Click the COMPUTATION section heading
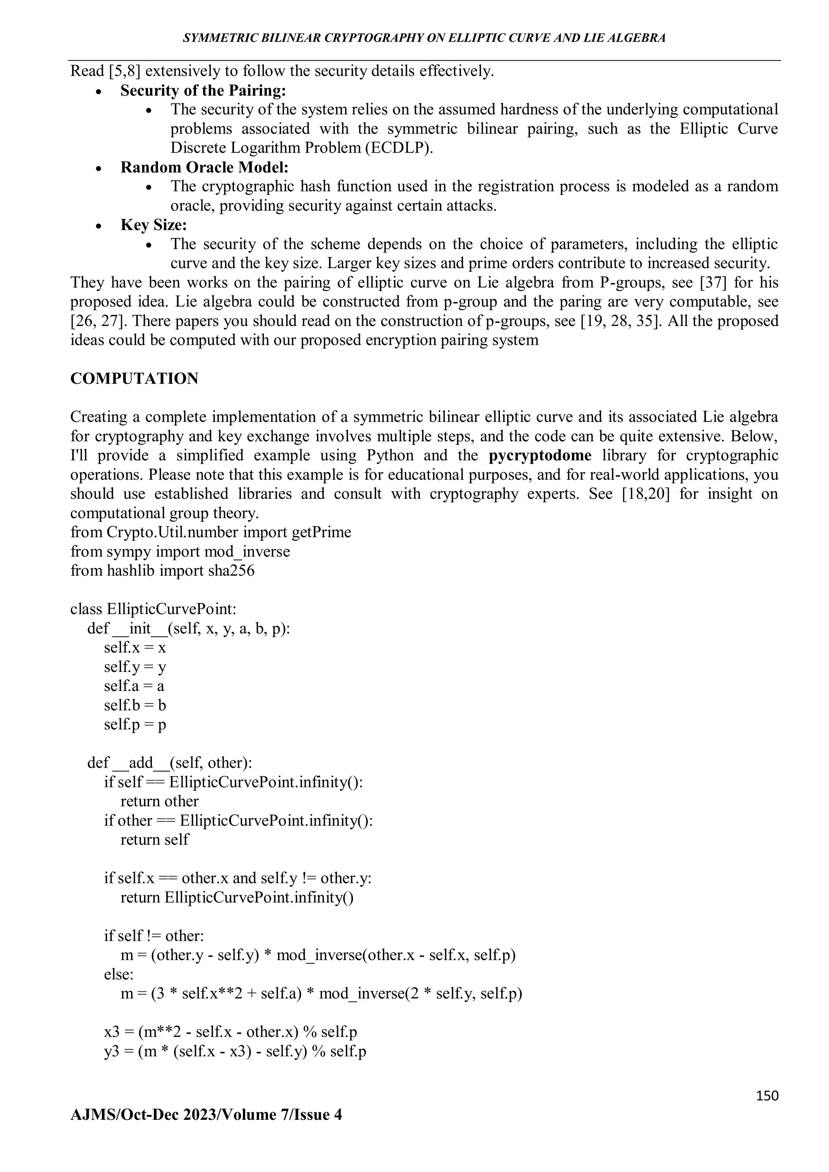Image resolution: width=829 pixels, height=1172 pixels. coord(134,379)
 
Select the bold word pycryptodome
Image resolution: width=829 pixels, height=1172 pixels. coord(540,455)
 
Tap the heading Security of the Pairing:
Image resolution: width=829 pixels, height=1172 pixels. coord(203,90)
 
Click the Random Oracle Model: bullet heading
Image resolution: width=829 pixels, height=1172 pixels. coord(204,168)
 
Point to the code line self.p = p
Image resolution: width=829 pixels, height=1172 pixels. coord(135,724)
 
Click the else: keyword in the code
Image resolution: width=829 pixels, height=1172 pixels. coord(119,974)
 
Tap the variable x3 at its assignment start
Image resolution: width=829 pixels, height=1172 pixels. coord(112,1032)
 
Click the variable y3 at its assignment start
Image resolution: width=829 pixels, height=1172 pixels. coord(112,1051)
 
